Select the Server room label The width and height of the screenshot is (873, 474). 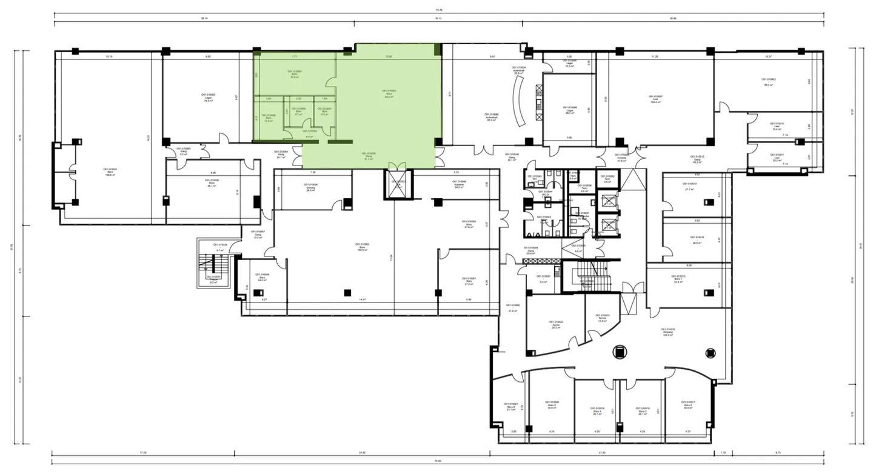602,318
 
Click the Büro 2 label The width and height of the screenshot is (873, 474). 687,405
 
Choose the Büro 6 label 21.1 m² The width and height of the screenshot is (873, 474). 509,407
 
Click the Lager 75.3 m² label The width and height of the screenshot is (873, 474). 209,98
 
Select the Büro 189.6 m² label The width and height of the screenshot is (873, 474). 110,172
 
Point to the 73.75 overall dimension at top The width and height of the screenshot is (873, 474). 438,10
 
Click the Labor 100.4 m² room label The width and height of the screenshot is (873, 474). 655,98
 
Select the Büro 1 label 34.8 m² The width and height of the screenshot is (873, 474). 678,278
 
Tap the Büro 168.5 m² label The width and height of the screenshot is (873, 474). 364,247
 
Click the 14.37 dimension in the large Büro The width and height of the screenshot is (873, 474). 362,299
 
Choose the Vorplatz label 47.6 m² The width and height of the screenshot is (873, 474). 621,159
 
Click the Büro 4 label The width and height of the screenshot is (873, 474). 597,410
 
